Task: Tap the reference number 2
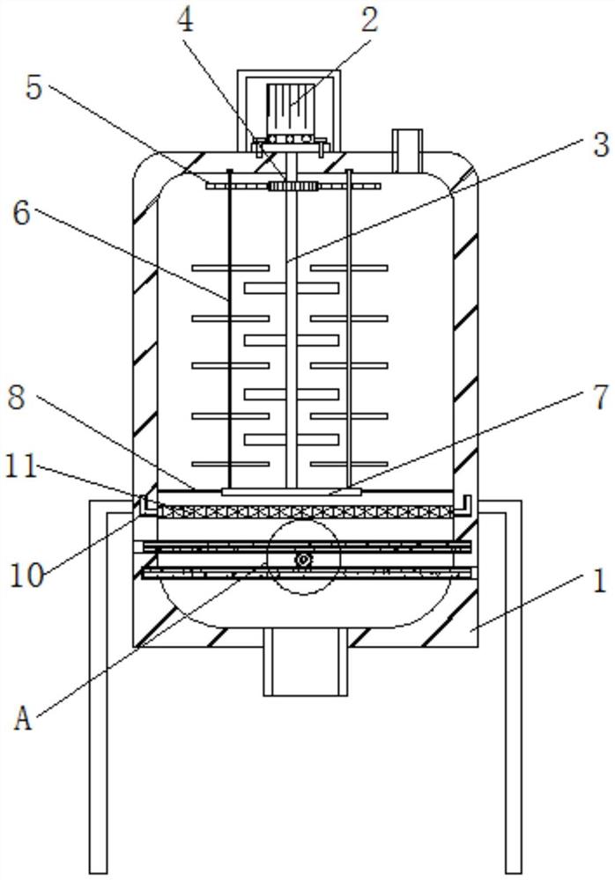(x=369, y=21)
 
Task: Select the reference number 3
(x=600, y=145)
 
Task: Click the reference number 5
(x=34, y=88)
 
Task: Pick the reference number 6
(x=21, y=213)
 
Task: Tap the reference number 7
(x=600, y=397)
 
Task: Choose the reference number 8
(x=17, y=398)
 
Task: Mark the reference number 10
(x=27, y=576)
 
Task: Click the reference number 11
(x=21, y=467)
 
